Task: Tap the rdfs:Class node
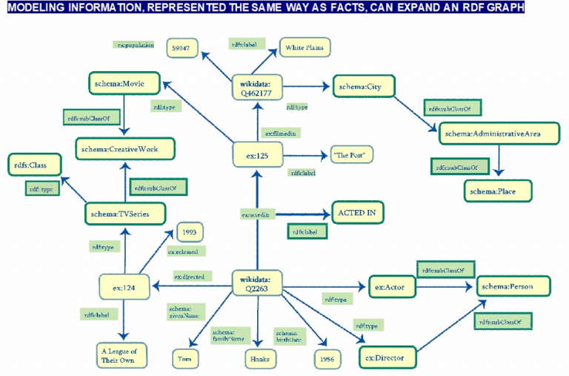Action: (30, 164)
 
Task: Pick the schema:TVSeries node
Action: (120, 214)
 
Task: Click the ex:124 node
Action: (122, 285)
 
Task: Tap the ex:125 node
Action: (256, 156)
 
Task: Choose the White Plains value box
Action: (305, 48)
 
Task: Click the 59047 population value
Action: (182, 48)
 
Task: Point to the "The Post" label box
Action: (352, 155)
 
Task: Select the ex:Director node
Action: (385, 358)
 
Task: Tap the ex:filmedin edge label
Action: (282, 133)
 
